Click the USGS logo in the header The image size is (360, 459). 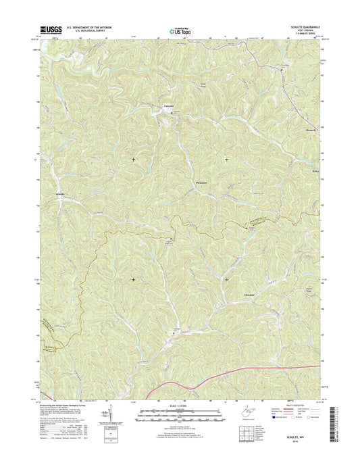point(50,29)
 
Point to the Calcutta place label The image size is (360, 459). point(169,107)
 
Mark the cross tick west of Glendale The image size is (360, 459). point(133,279)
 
